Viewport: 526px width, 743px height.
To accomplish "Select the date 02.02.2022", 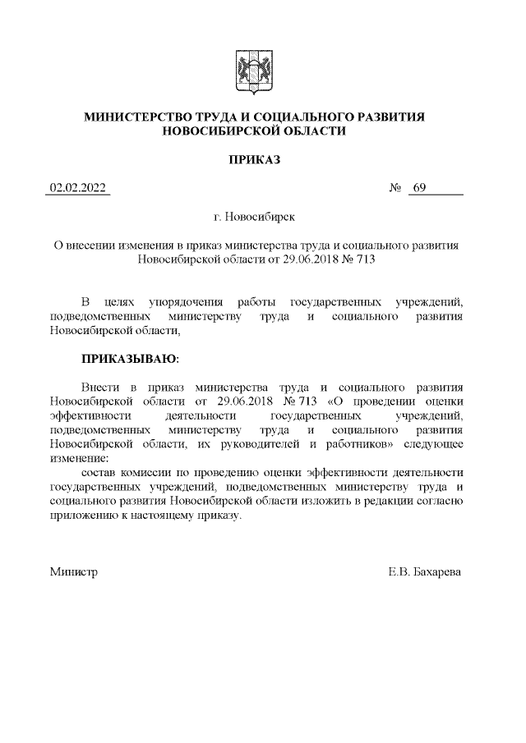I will [78, 188].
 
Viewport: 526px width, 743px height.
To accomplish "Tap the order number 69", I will [419, 188].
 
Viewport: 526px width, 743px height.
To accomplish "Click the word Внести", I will [99, 387].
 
